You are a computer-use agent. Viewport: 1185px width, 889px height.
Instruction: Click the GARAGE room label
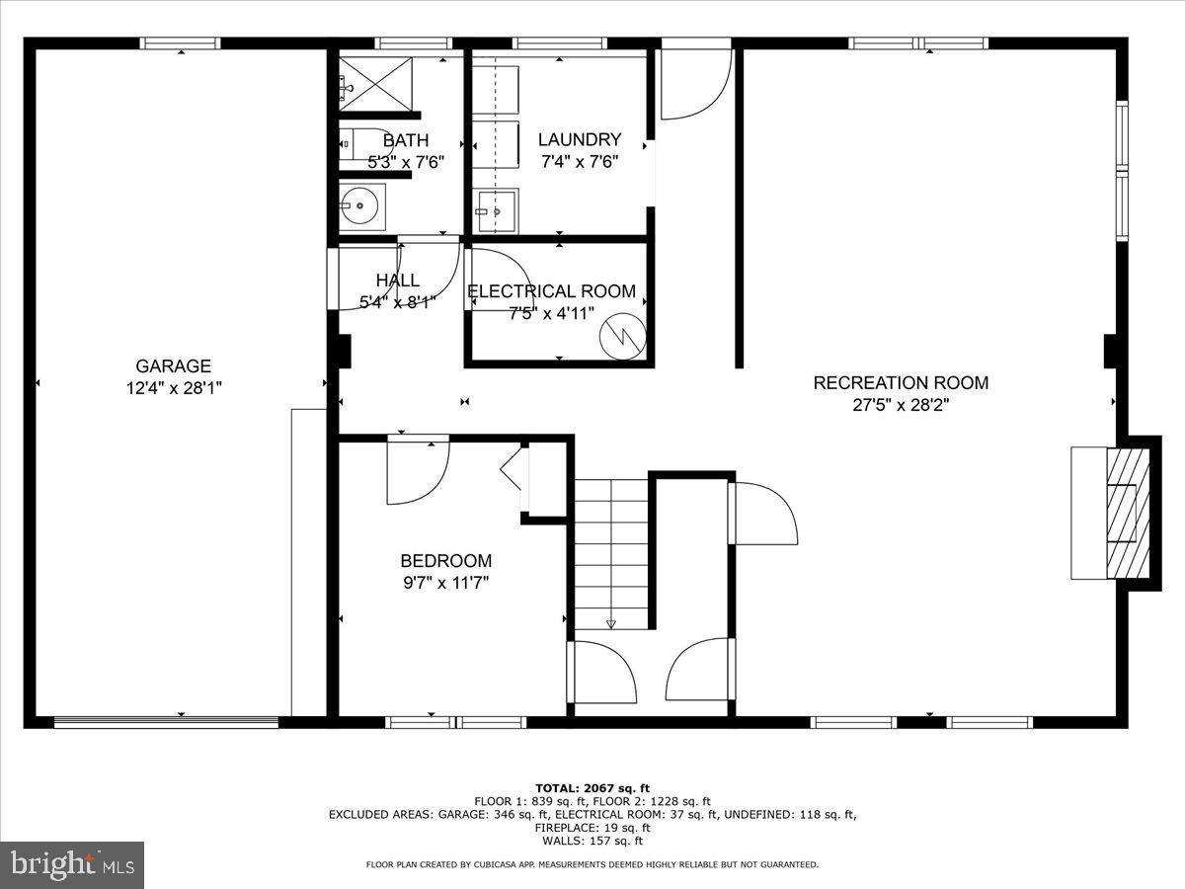[x=173, y=366]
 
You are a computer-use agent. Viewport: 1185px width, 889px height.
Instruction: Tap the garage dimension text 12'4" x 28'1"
[x=173, y=388]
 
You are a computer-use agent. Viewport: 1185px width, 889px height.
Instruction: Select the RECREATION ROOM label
[x=900, y=382]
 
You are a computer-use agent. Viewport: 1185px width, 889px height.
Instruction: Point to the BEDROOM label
[x=445, y=560]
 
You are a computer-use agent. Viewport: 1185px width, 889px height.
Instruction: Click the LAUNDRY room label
[x=580, y=139]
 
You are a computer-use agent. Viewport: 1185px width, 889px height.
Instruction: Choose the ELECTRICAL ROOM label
[x=551, y=291]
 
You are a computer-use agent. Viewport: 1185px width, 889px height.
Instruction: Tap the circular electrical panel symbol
[x=624, y=336]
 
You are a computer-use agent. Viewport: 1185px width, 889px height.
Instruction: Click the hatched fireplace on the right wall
[x=1127, y=513]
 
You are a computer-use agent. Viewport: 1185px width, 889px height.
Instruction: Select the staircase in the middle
[x=611, y=553]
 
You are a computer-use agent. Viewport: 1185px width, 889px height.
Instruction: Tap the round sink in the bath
[x=360, y=206]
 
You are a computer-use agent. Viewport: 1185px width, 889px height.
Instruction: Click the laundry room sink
[x=495, y=209]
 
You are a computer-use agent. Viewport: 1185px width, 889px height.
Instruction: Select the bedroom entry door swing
[x=417, y=469]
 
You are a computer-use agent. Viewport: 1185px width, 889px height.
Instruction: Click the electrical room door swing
[x=498, y=279]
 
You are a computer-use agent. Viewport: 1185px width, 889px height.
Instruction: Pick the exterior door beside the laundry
[x=694, y=81]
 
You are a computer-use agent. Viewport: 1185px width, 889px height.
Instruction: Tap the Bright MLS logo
[x=72, y=864]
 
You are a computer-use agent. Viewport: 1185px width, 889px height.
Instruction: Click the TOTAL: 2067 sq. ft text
[x=592, y=787]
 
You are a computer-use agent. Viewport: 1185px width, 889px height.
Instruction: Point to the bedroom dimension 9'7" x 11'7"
[x=445, y=582]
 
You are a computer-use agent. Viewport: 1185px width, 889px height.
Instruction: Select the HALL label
[x=397, y=281]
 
